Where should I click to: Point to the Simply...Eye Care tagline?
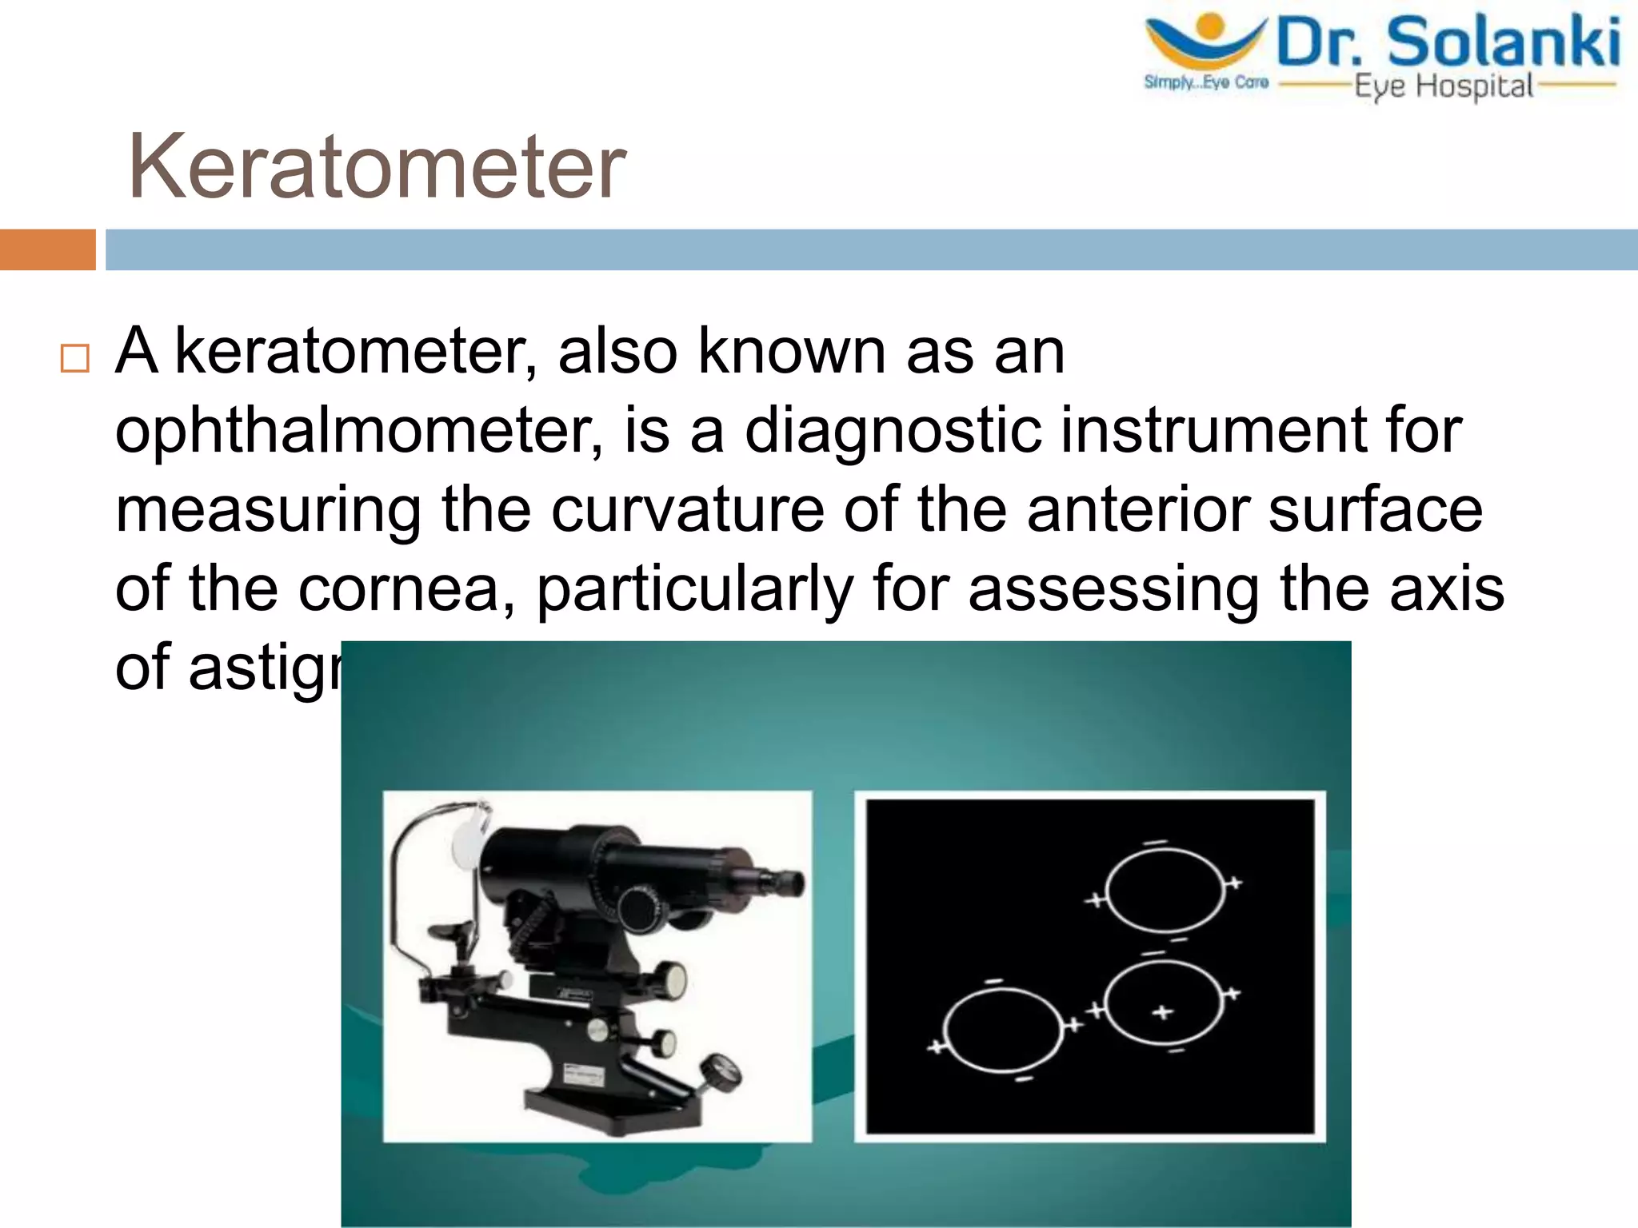coord(1206,82)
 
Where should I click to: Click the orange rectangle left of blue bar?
coord(47,249)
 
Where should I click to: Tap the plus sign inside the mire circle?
coord(1162,1012)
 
